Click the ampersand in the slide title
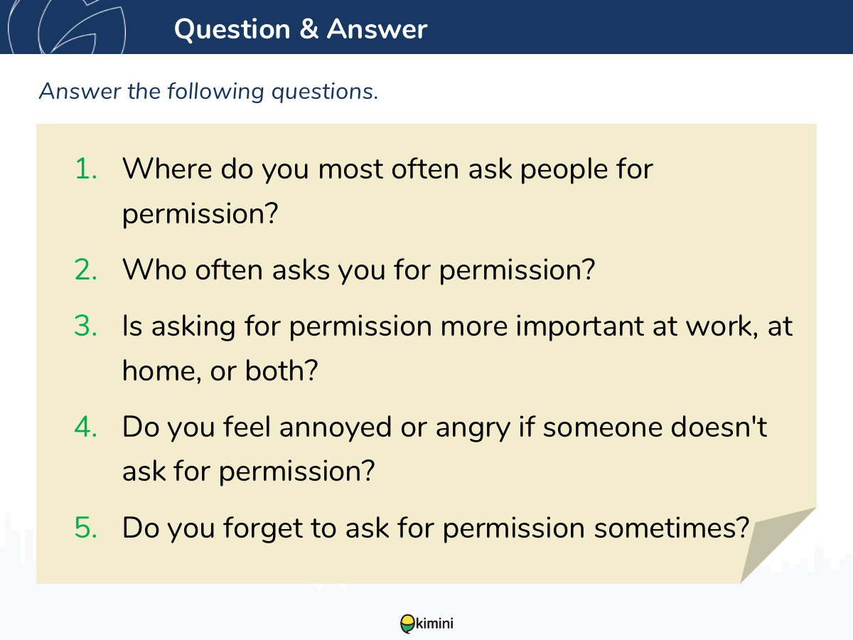click(309, 29)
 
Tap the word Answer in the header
click(377, 29)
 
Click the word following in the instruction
click(215, 92)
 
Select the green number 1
click(86, 169)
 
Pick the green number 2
click(86, 270)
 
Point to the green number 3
click(86, 326)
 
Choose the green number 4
click(86, 427)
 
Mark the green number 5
click(86, 528)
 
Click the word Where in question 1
click(168, 169)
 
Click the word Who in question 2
click(155, 270)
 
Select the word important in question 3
click(580, 327)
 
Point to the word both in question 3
click(281, 370)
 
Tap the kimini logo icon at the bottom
click(407, 624)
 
